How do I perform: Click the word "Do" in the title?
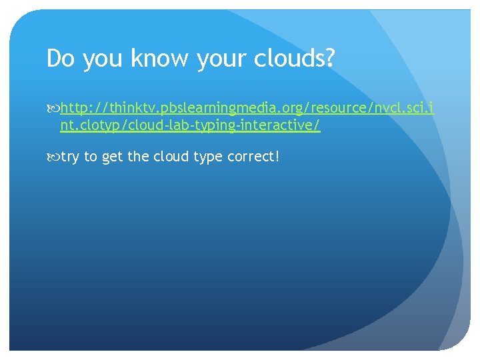59,59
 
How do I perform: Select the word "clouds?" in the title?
294,59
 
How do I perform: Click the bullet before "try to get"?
54,157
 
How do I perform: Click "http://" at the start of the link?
77,109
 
